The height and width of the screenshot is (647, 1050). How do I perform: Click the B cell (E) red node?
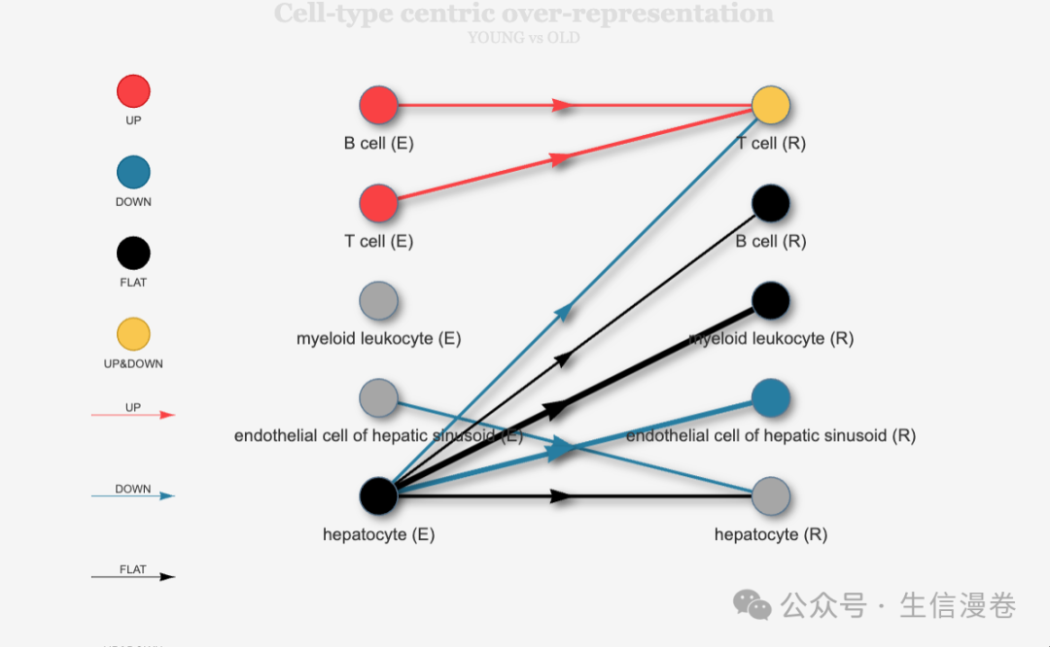[378, 105]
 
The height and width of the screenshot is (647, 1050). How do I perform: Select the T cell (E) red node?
[378, 203]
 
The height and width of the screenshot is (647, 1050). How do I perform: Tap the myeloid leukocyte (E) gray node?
[378, 300]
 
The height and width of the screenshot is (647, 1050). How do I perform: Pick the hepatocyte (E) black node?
[378, 495]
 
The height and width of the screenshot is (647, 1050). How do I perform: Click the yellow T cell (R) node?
[770, 105]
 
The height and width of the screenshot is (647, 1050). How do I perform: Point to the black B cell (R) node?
[770, 203]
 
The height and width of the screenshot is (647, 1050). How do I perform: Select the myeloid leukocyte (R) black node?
[770, 301]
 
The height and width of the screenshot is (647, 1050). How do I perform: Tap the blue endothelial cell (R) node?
[770, 397]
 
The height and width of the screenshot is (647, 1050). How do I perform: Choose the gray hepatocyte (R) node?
[770, 495]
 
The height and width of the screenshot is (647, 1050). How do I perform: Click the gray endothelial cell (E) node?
[378, 397]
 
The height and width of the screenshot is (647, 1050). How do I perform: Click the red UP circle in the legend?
[133, 91]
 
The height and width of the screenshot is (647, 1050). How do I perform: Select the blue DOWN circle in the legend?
[133, 173]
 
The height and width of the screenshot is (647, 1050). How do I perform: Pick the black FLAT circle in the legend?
[133, 254]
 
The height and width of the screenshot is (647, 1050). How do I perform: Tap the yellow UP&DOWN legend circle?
[133, 334]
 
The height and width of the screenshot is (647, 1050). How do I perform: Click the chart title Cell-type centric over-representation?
[523, 14]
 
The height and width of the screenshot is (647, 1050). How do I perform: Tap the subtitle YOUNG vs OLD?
[523, 38]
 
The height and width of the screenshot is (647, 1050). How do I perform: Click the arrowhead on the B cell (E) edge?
[562, 105]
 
